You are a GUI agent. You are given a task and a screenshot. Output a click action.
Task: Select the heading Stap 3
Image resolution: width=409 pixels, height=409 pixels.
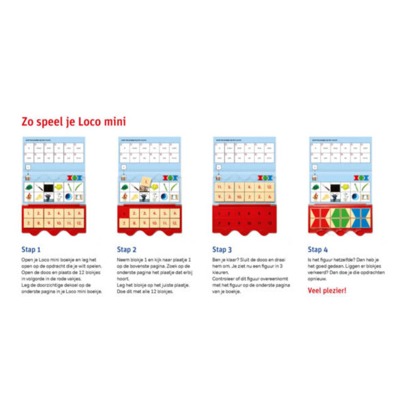(223, 249)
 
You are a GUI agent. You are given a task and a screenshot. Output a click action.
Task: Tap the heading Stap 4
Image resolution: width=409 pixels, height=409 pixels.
(318, 249)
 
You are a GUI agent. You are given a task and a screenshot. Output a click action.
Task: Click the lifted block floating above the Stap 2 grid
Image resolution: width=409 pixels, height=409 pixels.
(145, 182)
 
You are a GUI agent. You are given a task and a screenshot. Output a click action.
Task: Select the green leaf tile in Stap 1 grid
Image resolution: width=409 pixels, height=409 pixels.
(29, 188)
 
